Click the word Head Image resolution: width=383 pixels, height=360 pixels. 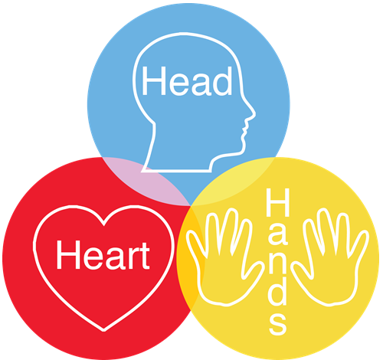coord(187,81)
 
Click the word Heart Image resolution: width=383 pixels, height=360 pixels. coord(103,255)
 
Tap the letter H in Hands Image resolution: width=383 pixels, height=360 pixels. coord(278,202)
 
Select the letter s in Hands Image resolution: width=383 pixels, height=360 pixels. coord(278,324)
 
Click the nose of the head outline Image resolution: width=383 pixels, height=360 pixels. coord(251,113)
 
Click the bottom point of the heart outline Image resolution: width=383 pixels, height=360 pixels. coord(104,330)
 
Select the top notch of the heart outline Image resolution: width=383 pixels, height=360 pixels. coord(103,224)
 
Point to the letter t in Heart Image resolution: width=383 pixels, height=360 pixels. coord(145,256)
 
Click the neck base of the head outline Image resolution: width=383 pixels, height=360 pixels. coord(177,170)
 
